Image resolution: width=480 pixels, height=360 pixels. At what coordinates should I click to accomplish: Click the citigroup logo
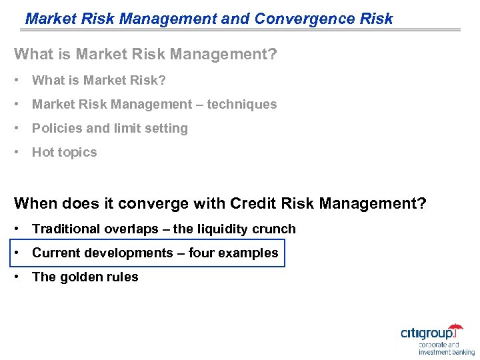click(431, 333)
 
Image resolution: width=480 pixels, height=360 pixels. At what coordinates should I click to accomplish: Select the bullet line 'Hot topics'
click(64, 152)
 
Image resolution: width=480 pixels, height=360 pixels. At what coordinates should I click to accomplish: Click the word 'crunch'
click(274, 229)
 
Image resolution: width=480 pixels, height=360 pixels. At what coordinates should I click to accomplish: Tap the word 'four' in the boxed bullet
click(201, 253)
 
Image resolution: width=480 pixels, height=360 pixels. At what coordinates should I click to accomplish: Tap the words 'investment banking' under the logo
click(447, 351)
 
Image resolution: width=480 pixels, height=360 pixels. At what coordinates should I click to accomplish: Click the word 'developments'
click(136, 253)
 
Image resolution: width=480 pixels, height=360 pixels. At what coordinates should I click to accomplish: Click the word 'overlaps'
click(131, 229)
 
